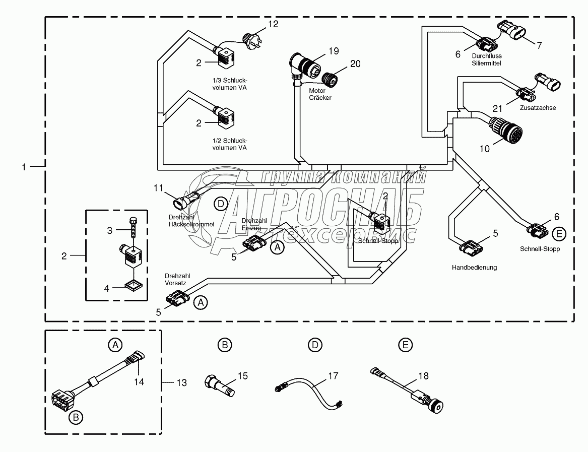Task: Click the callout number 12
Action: point(273,23)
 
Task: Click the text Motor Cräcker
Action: point(320,94)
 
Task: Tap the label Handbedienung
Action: point(474,268)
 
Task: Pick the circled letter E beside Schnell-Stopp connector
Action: point(558,233)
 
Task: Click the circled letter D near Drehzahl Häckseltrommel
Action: point(221,204)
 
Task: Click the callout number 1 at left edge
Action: point(24,167)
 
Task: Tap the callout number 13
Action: point(181,383)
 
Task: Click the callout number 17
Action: point(333,375)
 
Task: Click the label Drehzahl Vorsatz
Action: point(175,280)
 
